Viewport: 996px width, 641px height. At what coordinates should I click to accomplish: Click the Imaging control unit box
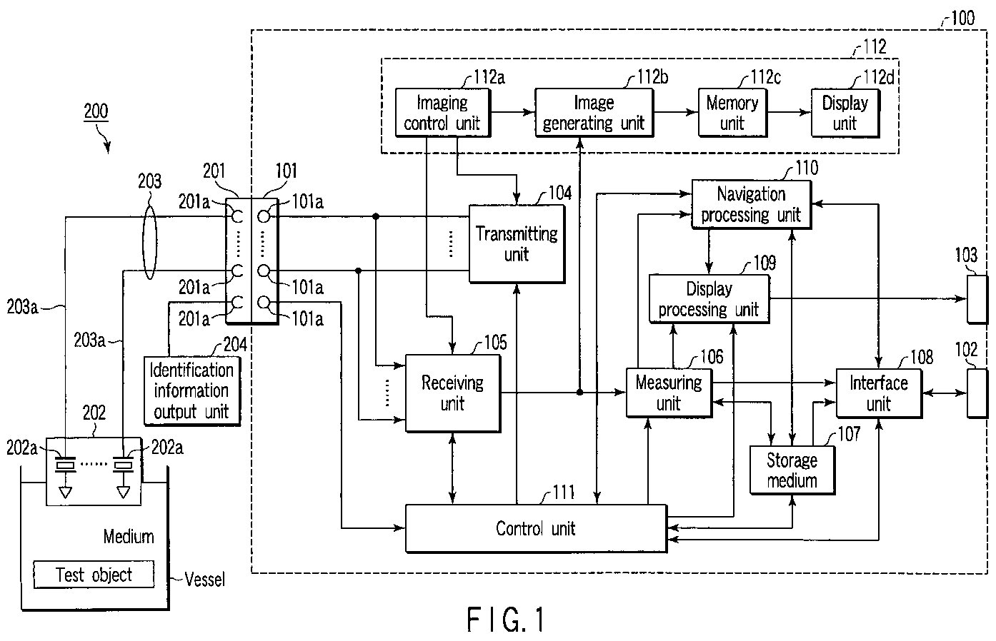pyautogui.click(x=441, y=113)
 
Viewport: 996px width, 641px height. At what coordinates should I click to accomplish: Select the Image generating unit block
pyautogui.click(x=593, y=113)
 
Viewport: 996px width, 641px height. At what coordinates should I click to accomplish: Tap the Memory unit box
pyautogui.click(x=732, y=113)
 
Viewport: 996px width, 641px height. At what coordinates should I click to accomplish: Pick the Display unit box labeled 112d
pyautogui.click(x=845, y=113)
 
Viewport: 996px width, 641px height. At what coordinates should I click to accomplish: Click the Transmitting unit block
pyautogui.click(x=516, y=243)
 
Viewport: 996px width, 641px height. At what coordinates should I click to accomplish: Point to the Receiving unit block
pyautogui.click(x=452, y=393)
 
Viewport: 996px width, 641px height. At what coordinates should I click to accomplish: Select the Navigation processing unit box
pyautogui.click(x=751, y=204)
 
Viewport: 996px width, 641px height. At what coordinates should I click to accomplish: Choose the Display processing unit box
pyautogui.click(x=709, y=299)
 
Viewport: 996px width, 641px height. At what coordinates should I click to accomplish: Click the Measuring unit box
pyautogui.click(x=669, y=393)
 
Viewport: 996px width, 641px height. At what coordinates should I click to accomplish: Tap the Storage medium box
pyautogui.click(x=792, y=470)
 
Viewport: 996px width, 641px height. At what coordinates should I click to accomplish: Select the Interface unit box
pyautogui.click(x=878, y=393)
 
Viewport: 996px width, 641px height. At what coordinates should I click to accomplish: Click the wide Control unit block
pyautogui.click(x=536, y=528)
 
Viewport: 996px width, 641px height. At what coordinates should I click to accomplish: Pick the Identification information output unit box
pyautogui.click(x=191, y=390)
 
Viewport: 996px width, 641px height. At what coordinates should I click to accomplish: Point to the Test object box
pyautogui.click(x=94, y=575)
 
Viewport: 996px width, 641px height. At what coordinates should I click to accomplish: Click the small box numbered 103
pyautogui.click(x=977, y=298)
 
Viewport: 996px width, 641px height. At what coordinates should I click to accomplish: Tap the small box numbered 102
pyautogui.click(x=977, y=393)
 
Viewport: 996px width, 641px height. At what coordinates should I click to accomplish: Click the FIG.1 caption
pyautogui.click(x=506, y=619)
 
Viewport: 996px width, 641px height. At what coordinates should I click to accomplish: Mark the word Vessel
pyautogui.click(x=204, y=579)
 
